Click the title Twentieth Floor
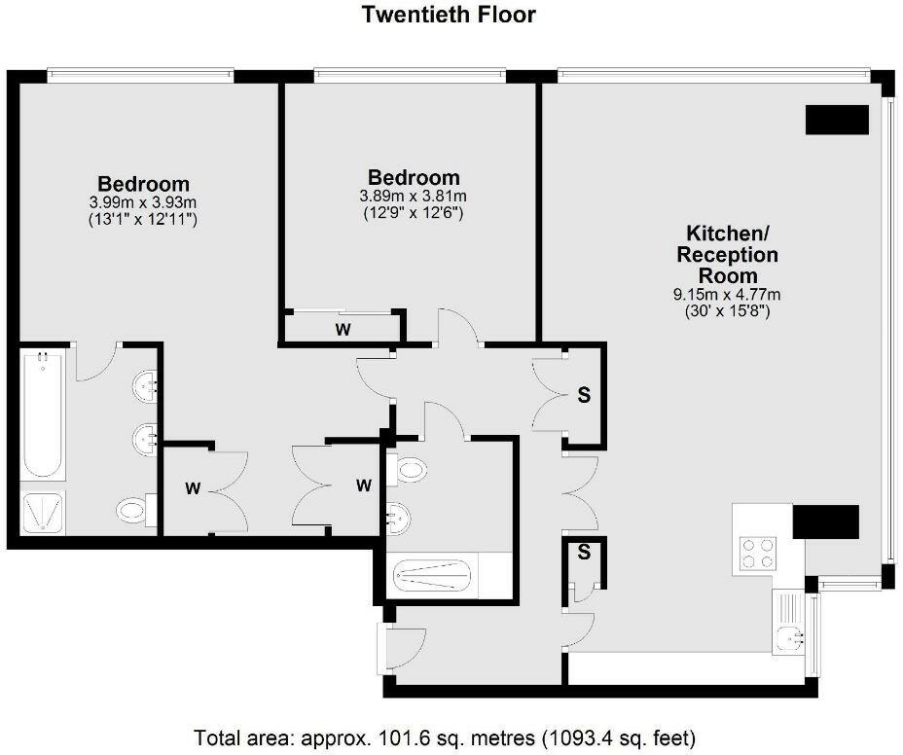click(449, 15)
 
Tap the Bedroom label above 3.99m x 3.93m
click(143, 183)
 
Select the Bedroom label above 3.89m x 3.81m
click(413, 177)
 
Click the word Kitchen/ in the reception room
click(728, 234)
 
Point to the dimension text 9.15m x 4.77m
click(728, 295)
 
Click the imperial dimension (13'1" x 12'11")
click(143, 220)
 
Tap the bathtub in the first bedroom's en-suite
click(42, 415)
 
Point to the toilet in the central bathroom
click(408, 471)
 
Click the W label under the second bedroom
click(343, 329)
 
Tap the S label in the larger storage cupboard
click(584, 395)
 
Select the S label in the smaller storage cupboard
click(584, 553)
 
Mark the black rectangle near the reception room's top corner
click(836, 119)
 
